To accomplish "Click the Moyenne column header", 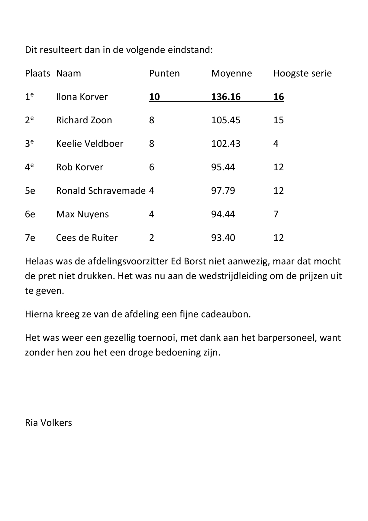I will [x=231, y=73].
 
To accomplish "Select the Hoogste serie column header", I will [x=302, y=74].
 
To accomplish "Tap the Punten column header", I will [x=164, y=73].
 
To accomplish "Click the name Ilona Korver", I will [x=82, y=97].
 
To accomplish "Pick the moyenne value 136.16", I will [x=226, y=97].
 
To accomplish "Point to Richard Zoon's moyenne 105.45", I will [x=226, y=120].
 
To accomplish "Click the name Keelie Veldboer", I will [x=90, y=144].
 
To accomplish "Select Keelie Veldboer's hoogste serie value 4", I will [x=276, y=144].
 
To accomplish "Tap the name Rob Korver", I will [x=80, y=167].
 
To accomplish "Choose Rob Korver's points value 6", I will [x=151, y=167].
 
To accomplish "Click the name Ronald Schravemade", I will [x=101, y=191].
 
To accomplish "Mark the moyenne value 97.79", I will [x=223, y=191].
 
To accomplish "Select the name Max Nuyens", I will [x=82, y=214].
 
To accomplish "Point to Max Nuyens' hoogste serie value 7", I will [x=276, y=214].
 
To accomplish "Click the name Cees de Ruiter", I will [x=87, y=238].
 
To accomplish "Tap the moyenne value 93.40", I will [x=223, y=238].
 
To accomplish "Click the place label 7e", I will [x=30, y=238].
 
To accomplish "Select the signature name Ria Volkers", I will [x=48, y=423].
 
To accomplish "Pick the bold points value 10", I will [x=154, y=97].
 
